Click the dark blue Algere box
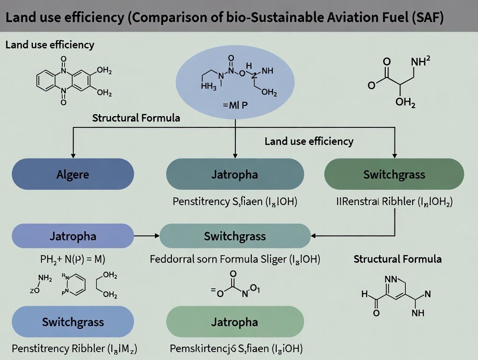[x=73, y=174]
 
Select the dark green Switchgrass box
[x=394, y=174]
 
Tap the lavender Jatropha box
[x=73, y=236]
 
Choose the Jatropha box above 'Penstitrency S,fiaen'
[x=235, y=174]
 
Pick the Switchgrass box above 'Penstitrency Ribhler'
[x=73, y=322]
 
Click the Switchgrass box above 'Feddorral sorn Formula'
[x=235, y=236]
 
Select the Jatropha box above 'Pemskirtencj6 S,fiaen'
[x=235, y=322]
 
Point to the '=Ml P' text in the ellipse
[x=235, y=105]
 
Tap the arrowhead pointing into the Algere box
[x=73, y=154]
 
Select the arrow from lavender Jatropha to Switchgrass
[x=147, y=236]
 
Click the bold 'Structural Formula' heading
[x=397, y=259]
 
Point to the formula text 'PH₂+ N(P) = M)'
[x=73, y=260]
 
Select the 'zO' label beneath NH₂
[x=34, y=290]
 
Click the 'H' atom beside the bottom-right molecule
[x=364, y=295]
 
